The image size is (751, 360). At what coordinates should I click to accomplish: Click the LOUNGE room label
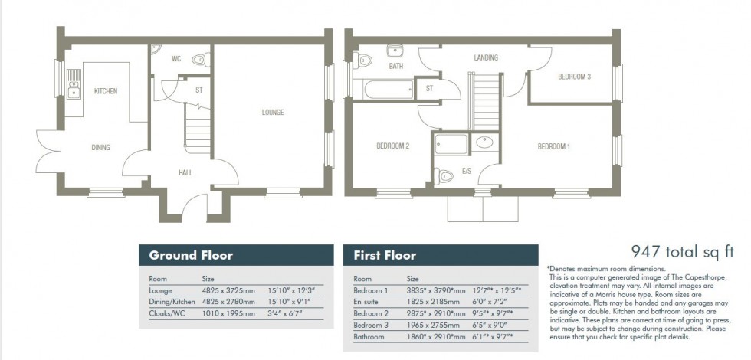coord(272,113)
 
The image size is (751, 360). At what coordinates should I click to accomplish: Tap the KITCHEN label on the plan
coord(106,91)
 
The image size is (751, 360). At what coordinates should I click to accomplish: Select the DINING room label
coord(100,148)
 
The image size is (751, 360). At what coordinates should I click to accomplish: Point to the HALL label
coord(185,173)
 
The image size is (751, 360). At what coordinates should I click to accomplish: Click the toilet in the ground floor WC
coord(198,59)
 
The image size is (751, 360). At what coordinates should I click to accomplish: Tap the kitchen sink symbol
coord(74,84)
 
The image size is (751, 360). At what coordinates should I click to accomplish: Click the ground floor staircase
coord(197,129)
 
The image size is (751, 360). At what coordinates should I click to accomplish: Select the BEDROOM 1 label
coord(553,146)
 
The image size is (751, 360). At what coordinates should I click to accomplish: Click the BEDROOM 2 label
coord(393,146)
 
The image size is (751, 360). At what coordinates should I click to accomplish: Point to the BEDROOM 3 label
coord(573,77)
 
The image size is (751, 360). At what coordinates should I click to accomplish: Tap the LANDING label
coord(485,57)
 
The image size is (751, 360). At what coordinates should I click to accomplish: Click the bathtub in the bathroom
coord(388,90)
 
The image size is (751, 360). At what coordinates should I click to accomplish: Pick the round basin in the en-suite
coord(484,142)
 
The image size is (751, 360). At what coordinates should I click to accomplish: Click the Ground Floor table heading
coord(191,255)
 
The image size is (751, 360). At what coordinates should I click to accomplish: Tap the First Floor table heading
coord(385,255)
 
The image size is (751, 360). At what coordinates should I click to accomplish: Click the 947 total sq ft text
coord(682,250)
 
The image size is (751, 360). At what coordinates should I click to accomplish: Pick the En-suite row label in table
coord(366,303)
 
